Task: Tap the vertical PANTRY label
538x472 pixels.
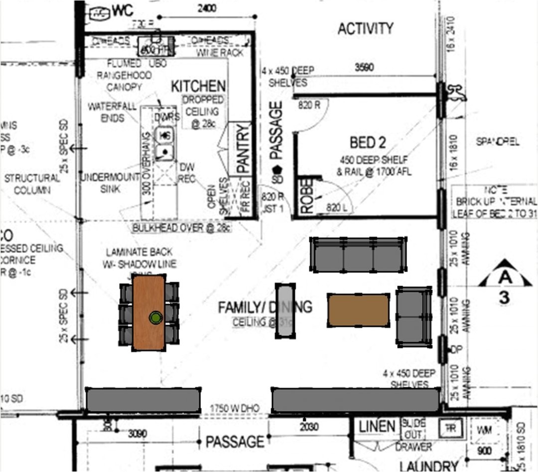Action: (242, 149)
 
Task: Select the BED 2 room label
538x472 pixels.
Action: (368, 143)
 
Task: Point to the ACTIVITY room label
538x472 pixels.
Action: (366, 29)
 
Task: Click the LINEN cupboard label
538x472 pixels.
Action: (377, 427)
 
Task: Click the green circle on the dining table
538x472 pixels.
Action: (156, 318)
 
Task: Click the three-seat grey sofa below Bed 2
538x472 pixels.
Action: (358, 255)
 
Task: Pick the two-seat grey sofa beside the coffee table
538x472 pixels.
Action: (413, 316)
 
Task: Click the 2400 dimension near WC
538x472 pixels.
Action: (207, 8)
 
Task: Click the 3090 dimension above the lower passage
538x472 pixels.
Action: (137, 433)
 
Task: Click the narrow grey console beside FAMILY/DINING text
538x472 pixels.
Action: (285, 311)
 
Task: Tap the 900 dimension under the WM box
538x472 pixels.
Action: (484, 451)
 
